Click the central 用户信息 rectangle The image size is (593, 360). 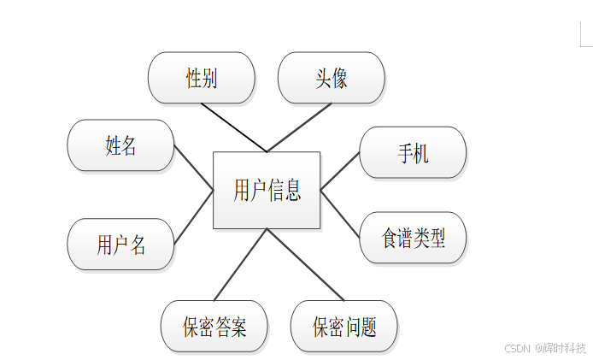pyautogui.click(x=266, y=190)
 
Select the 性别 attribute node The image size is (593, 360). pyautogui.click(x=202, y=78)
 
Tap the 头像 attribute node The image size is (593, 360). pyautogui.click(x=331, y=78)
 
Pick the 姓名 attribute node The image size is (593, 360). pyautogui.click(x=120, y=145)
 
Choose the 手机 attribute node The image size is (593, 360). pyautogui.click(x=413, y=153)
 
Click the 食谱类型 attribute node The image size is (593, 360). pyautogui.click(x=413, y=238)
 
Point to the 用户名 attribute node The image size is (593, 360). pyautogui.click(x=120, y=245)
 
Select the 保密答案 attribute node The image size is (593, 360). pyautogui.click(x=214, y=327)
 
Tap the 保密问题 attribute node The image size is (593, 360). pyautogui.click(x=344, y=327)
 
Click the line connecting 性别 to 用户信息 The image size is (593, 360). pyautogui.click(x=234, y=127)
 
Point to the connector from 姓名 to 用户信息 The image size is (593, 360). pyautogui.click(x=193, y=168)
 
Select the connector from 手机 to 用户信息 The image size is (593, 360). pyautogui.click(x=340, y=171)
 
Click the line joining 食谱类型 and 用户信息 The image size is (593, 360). pyautogui.click(x=340, y=213)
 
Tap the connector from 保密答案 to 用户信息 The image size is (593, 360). pyautogui.click(x=241, y=265)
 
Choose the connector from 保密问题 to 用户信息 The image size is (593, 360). pyautogui.click(x=305, y=265)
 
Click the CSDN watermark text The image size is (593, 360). pyautogui.click(x=544, y=348)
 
